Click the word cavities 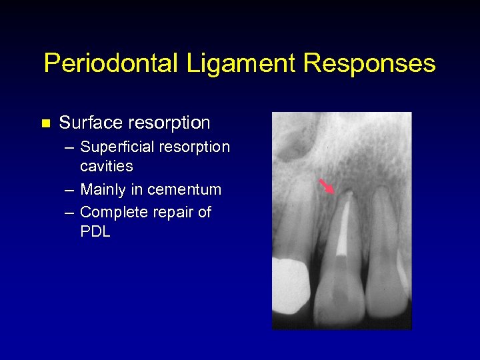[107, 165]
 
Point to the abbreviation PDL [95, 232]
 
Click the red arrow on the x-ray [327, 185]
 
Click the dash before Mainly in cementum [69, 190]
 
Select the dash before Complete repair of [69, 213]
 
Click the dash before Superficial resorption [69, 147]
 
